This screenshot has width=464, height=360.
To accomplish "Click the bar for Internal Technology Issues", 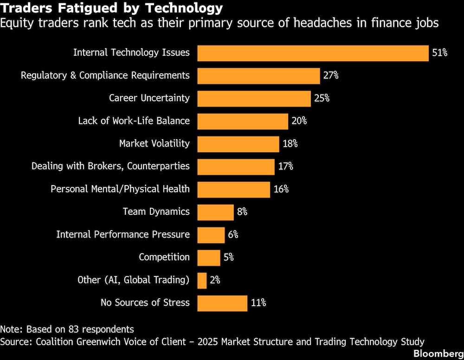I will pyautogui.click(x=313, y=53).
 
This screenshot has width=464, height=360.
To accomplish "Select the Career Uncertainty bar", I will pyautogui.click(x=254, y=98).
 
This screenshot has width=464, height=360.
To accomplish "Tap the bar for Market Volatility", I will pyautogui.click(x=238, y=144).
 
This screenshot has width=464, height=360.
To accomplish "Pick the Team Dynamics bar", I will pyautogui.click(x=215, y=212).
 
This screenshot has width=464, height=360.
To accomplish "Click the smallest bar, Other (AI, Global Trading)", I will pyautogui.click(x=202, y=280).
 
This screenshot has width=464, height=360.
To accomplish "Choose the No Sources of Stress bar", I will pyautogui.click(x=222, y=303).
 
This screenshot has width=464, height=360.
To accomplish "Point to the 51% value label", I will pyautogui.click(x=439, y=53).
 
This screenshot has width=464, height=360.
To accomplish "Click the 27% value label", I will pyautogui.click(x=331, y=76).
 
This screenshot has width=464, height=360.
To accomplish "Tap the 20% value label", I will pyautogui.click(x=299, y=121).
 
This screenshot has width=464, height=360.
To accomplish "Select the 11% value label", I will pyautogui.click(x=258, y=303).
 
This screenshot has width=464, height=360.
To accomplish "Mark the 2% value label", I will pyautogui.click(x=214, y=280).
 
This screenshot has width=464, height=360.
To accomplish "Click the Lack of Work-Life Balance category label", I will pyautogui.click(x=134, y=121).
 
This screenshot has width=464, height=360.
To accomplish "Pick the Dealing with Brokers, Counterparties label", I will pyautogui.click(x=110, y=166).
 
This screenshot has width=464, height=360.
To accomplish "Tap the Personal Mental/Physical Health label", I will pyautogui.click(x=120, y=189).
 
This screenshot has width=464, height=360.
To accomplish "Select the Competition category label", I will pyautogui.click(x=164, y=257).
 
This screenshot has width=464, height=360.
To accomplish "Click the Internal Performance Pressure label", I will pyautogui.click(x=123, y=235).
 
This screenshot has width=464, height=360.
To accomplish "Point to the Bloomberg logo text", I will pyautogui.click(x=438, y=354).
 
